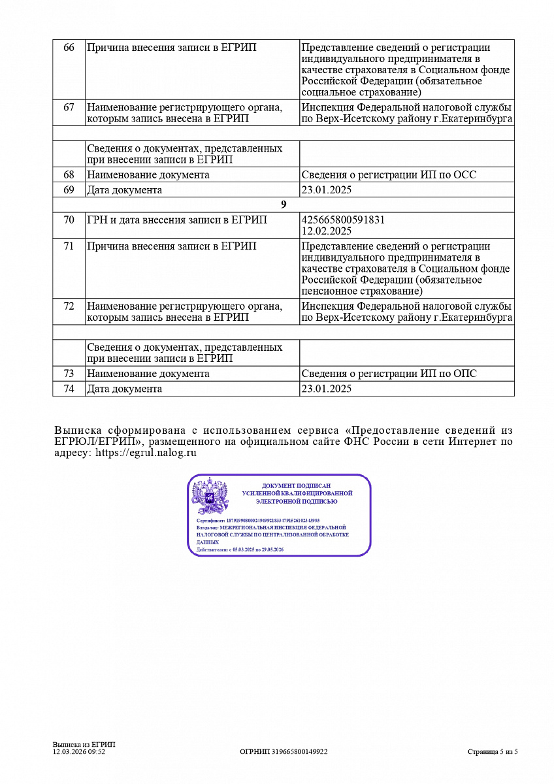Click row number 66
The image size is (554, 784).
(x=69, y=48)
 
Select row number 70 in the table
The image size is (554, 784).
(x=69, y=220)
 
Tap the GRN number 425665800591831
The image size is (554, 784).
(x=343, y=220)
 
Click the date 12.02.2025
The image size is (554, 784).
(x=327, y=231)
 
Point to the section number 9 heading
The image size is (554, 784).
(x=284, y=204)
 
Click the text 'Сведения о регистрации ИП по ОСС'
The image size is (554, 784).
(x=389, y=175)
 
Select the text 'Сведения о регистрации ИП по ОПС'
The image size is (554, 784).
(x=389, y=374)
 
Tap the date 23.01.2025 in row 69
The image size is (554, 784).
(x=327, y=190)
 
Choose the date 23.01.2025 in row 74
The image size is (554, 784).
(x=327, y=389)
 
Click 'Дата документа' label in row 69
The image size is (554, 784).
(x=124, y=190)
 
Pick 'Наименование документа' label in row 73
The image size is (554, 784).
(x=148, y=374)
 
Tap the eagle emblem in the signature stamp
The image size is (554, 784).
(x=210, y=497)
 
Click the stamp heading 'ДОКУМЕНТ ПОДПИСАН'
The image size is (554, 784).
(x=297, y=486)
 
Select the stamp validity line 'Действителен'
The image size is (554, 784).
(x=240, y=550)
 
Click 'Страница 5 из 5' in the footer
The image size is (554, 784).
(x=493, y=752)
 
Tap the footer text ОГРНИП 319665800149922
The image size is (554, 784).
(x=284, y=752)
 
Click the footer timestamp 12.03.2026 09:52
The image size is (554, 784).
(x=79, y=752)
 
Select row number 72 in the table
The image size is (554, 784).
(x=69, y=306)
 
